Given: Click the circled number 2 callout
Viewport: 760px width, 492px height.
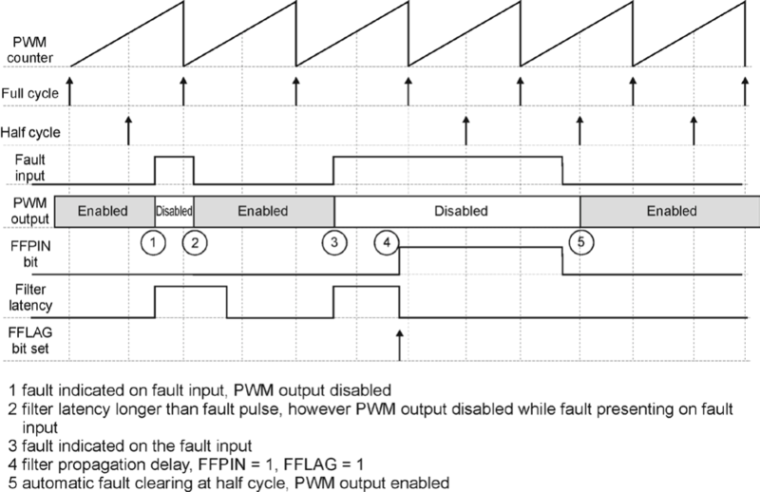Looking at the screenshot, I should (193, 242).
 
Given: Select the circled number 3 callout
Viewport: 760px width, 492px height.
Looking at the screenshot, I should (333, 242).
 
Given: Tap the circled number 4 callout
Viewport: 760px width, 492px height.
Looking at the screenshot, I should (386, 242).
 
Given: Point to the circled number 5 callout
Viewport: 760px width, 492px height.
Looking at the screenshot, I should (582, 242).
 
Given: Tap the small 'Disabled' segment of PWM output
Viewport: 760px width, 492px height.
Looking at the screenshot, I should (174, 211).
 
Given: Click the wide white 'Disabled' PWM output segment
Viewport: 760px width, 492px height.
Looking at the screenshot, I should (457, 211).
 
